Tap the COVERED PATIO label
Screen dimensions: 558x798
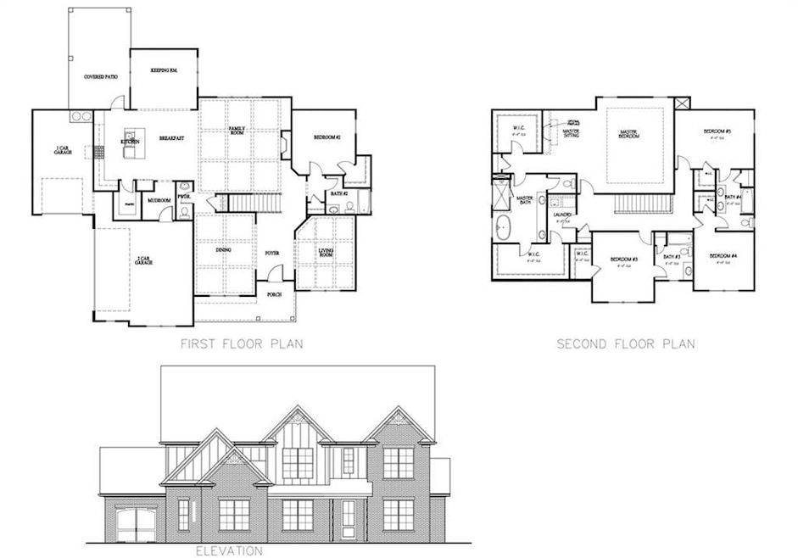pyautogui.click(x=100, y=77)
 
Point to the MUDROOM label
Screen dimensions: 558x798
pyautogui.click(x=159, y=201)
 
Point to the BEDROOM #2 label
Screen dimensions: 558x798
pyautogui.click(x=326, y=137)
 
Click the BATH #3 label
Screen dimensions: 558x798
pyautogui.click(x=672, y=256)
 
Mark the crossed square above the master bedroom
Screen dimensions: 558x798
pyautogui.click(x=683, y=103)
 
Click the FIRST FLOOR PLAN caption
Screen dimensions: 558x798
pyautogui.click(x=243, y=344)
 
